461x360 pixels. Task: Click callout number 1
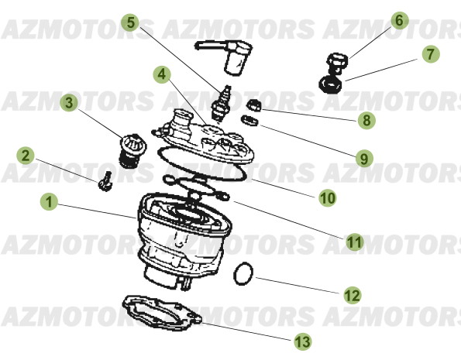pyautogui.click(x=49, y=204)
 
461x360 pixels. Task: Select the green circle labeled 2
pyautogui.click(x=26, y=156)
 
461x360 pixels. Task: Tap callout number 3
pyautogui.click(x=69, y=102)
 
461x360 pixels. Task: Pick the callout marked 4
pyautogui.click(x=161, y=76)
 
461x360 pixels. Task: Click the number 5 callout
pyautogui.click(x=132, y=22)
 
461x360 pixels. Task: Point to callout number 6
pyautogui.click(x=399, y=19)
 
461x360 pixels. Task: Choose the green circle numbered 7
pyautogui.click(x=430, y=55)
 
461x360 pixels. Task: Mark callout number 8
pyautogui.click(x=365, y=120)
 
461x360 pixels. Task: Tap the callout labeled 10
pyautogui.click(x=328, y=197)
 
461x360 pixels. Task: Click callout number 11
pyautogui.click(x=354, y=242)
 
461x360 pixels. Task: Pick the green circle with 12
pyautogui.click(x=352, y=295)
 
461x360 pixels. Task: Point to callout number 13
pyautogui.click(x=301, y=340)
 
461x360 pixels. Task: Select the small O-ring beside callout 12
pyautogui.click(x=245, y=273)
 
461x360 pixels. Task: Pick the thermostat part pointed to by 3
pyautogui.click(x=126, y=146)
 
